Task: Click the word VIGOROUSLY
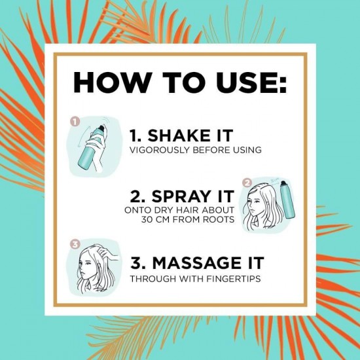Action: click(x=158, y=151)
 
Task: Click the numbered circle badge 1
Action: click(x=74, y=122)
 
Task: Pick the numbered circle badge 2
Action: click(x=247, y=183)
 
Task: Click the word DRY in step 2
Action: click(x=166, y=210)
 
